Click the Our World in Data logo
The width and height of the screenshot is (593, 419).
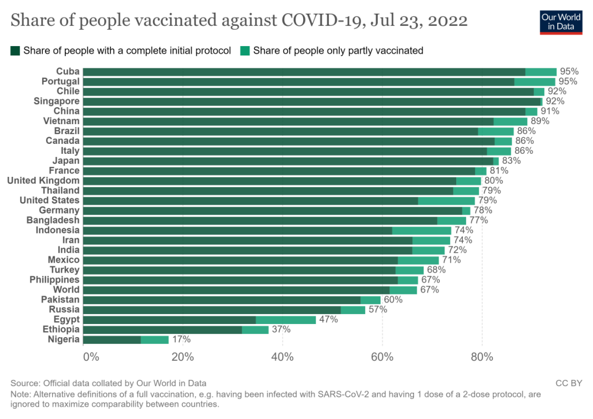pyautogui.click(x=561, y=21)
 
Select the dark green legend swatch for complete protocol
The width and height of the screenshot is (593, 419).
pyautogui.click(x=15, y=51)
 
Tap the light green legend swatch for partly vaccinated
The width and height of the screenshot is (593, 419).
pyautogui.click(x=245, y=51)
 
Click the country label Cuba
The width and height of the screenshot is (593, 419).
pyautogui.click(x=68, y=71)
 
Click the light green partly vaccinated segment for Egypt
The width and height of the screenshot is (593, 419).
pyautogui.click(x=286, y=320)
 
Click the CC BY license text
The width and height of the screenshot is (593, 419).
pyautogui.click(x=568, y=383)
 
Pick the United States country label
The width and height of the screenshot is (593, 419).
pyautogui.click(x=49, y=200)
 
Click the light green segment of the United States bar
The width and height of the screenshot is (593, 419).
pyautogui.click(x=446, y=200)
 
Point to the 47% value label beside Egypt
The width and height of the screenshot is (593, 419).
pyautogui.click(x=328, y=320)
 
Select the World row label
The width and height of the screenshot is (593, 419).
pyautogui.click(x=66, y=290)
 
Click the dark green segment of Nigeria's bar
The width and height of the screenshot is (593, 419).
pyautogui.click(x=112, y=340)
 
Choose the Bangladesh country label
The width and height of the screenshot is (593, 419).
pyautogui.click(x=53, y=220)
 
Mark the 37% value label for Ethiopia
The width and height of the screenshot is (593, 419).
pyautogui.click(x=281, y=329)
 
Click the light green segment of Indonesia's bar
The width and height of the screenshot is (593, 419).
pyautogui.click(x=421, y=230)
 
